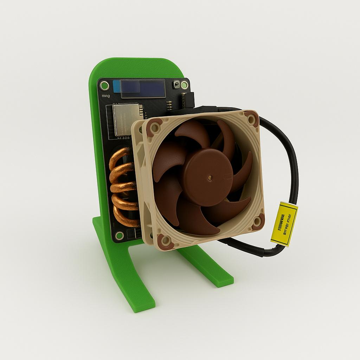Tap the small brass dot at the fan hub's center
coord(210,178)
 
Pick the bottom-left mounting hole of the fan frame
coord(165,241)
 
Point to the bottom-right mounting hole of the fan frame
coord(257,221)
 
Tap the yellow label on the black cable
coord(284,224)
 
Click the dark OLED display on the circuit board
coord(143,89)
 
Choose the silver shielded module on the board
coord(127,120)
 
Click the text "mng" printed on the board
coord(105,96)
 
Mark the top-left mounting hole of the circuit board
coord(104,85)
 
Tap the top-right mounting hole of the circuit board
coord(184,85)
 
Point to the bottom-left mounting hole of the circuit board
coord(120,235)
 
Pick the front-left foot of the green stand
coord(141,299)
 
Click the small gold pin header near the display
coord(169,105)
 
